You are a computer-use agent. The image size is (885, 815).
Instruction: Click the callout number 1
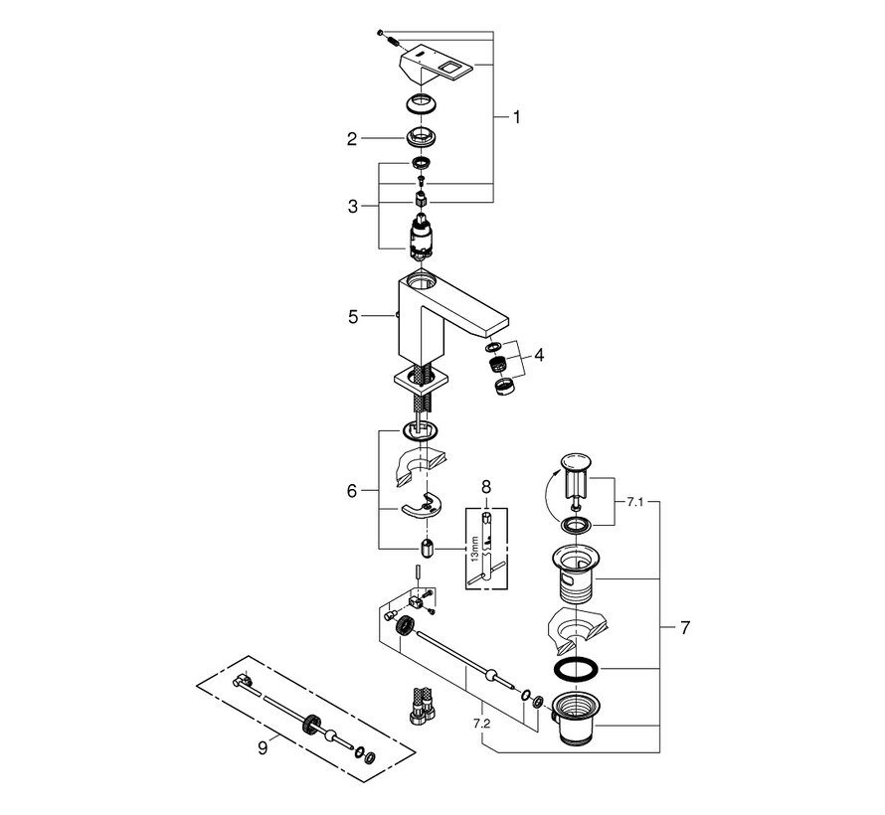pos(515,116)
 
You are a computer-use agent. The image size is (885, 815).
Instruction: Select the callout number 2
pos(351,140)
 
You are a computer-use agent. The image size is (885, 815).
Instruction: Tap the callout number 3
pos(351,206)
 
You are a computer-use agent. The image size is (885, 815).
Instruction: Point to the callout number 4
pos(539,354)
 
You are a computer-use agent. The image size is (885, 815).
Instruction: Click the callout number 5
pos(351,318)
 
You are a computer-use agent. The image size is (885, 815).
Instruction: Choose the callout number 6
pos(351,490)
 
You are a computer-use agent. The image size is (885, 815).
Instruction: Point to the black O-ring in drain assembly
pos(575,667)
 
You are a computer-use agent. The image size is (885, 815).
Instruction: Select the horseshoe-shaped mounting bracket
pos(422,507)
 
